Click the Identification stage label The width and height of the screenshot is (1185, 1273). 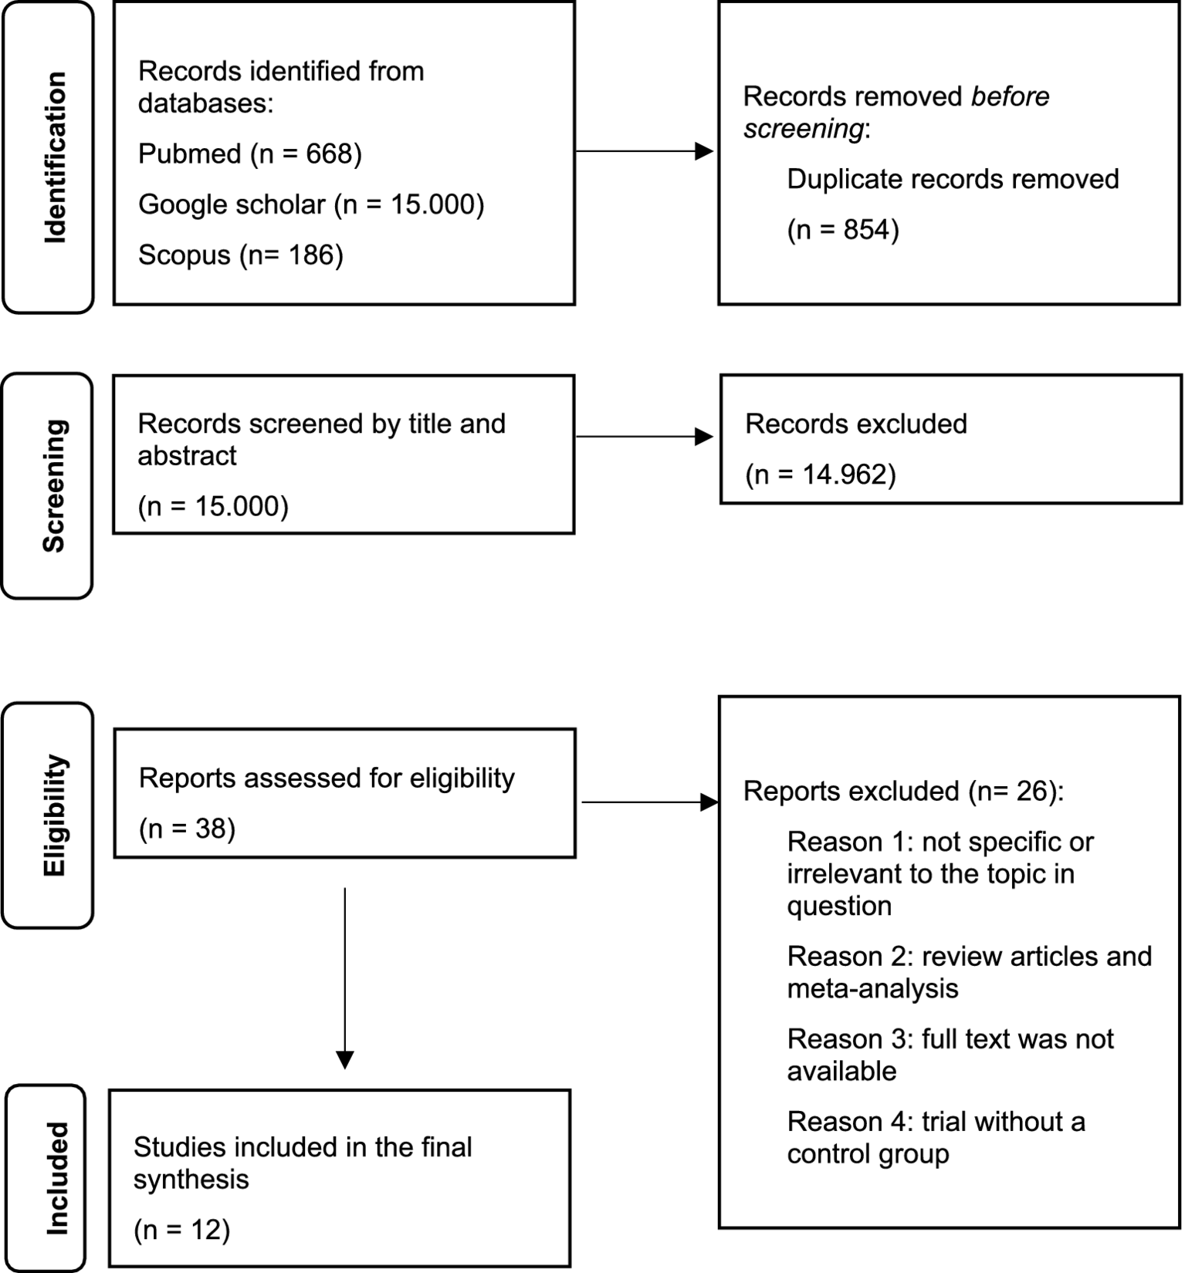[53, 157]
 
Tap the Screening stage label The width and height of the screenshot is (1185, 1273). [53, 486]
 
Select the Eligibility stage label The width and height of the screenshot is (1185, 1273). [53, 815]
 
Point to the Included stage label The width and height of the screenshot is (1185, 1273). [56, 1178]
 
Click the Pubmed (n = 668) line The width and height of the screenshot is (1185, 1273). [249, 154]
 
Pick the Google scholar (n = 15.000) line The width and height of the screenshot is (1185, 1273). [310, 204]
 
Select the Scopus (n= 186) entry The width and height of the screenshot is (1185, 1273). [240, 255]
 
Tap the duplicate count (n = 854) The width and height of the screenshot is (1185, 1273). [842, 230]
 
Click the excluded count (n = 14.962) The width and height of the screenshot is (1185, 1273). [820, 474]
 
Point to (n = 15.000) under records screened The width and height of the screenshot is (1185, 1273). [213, 506]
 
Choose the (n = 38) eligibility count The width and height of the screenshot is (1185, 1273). [187, 829]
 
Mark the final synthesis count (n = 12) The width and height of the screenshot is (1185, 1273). [182, 1230]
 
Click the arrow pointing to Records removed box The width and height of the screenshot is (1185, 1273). [645, 151]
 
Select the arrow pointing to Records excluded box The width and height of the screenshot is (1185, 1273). [645, 437]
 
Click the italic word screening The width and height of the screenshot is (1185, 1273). [803, 129]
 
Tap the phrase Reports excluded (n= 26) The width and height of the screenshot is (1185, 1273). [902, 791]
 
